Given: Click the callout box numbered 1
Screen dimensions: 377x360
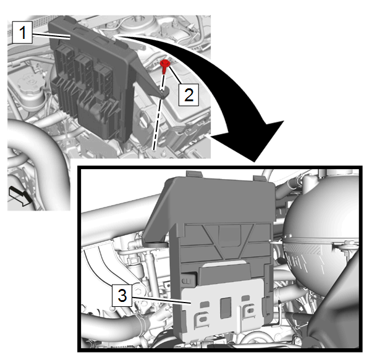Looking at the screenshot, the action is pyautogui.click(x=22, y=32).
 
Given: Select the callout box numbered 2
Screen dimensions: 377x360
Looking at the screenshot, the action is pyautogui.click(x=188, y=94).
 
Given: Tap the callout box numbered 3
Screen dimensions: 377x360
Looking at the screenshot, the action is pyautogui.click(x=122, y=295).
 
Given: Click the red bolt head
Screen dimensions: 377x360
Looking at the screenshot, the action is pyautogui.click(x=165, y=64).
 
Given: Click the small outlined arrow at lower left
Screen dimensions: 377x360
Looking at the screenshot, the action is pyautogui.click(x=20, y=196).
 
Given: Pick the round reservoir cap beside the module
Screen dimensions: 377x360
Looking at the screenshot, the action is pyautogui.click(x=32, y=82).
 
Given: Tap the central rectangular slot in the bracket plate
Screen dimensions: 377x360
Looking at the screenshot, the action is pyautogui.click(x=226, y=308).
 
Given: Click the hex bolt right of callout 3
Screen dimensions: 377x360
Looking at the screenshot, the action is pyautogui.click(x=138, y=291).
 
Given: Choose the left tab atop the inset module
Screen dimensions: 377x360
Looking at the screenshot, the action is pyautogui.click(x=194, y=174).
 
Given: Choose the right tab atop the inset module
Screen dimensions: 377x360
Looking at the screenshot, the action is pyautogui.click(x=259, y=178).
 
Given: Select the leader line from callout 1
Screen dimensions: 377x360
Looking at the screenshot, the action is pyautogui.click(x=51, y=36).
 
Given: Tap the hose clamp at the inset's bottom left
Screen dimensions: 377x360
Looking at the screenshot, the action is pyautogui.click(x=142, y=322).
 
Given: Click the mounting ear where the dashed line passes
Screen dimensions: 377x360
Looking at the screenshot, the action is pyautogui.click(x=164, y=92).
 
